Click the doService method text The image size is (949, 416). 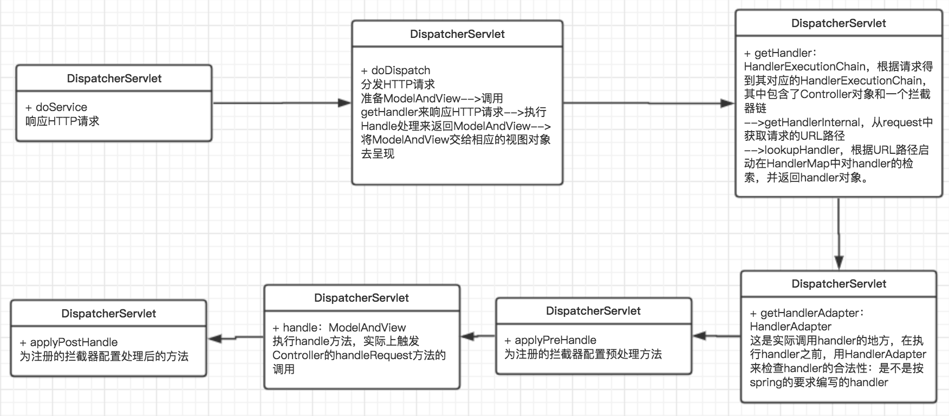pyautogui.click(x=61, y=107)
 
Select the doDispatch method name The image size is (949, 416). pyautogui.click(x=400, y=70)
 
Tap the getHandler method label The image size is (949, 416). pyautogui.click(x=783, y=53)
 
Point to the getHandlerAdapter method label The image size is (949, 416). pyautogui.click(x=809, y=313)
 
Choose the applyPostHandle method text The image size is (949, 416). pyautogui.click(x=74, y=342)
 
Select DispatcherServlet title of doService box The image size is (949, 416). pyautogui.click(x=114, y=79)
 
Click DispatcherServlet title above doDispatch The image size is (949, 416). pyautogui.click(x=457, y=34)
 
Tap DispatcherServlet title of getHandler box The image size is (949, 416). pyautogui.click(x=838, y=23)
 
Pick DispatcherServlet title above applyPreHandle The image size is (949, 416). pyautogui.click(x=593, y=311)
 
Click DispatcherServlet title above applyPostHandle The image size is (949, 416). pyautogui.click(x=108, y=314)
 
